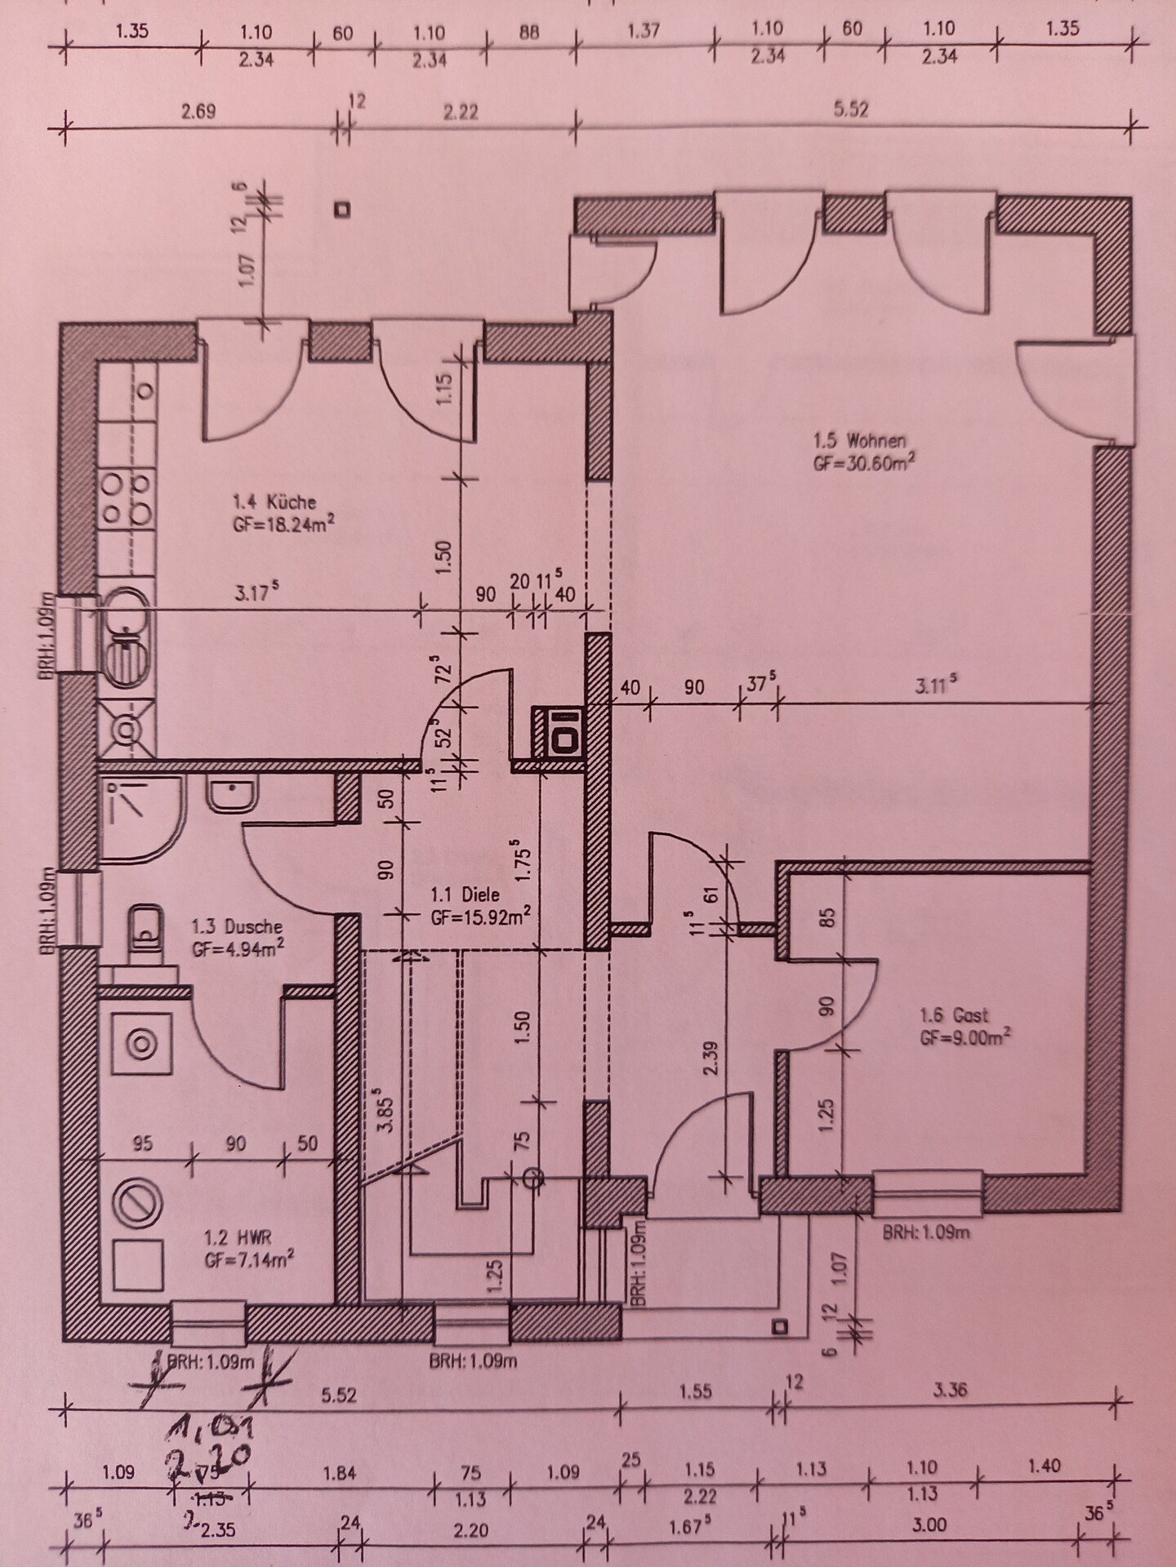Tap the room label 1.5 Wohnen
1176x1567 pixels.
[x=859, y=441]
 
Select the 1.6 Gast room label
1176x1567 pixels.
[x=953, y=1016]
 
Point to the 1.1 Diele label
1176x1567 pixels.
[x=465, y=895]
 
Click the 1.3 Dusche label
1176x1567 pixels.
[x=237, y=927]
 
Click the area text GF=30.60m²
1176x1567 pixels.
[x=863, y=462]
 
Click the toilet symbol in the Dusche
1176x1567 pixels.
[x=145, y=925]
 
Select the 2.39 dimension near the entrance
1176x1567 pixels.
[x=710, y=1058]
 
